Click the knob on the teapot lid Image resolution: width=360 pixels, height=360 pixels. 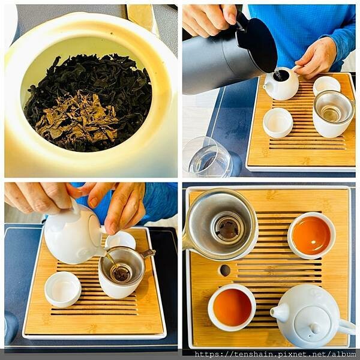(x=315, y=328)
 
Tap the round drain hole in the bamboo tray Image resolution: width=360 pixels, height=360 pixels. (x=225, y=270)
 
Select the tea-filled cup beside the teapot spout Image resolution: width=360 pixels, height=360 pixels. (x=232, y=307)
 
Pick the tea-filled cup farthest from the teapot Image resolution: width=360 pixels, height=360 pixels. (x=311, y=235)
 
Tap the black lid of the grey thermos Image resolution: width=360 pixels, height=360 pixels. (x=256, y=44)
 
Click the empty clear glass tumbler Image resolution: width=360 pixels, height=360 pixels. (x=208, y=158)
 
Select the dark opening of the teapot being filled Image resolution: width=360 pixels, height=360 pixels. (x=281, y=76)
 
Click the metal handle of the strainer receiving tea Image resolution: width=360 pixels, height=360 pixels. (x=148, y=253)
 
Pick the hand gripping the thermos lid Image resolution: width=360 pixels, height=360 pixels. (x=209, y=20)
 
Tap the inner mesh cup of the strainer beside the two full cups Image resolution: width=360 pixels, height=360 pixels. (x=228, y=228)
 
